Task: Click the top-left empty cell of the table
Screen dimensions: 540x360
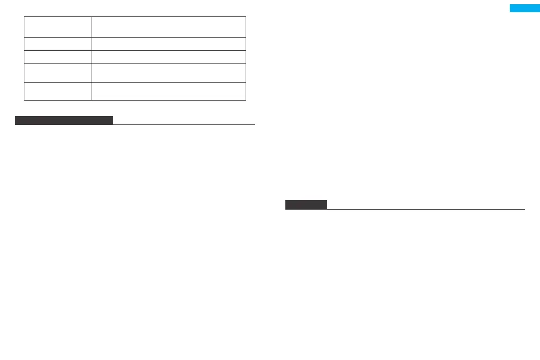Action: tap(58, 26)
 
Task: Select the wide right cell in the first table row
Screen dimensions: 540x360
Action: tap(169, 26)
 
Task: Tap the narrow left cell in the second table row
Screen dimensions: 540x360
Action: tap(58, 43)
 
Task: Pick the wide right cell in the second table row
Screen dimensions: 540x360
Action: tap(169, 43)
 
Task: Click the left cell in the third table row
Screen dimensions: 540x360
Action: tap(58, 57)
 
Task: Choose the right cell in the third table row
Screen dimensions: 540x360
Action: tap(169, 57)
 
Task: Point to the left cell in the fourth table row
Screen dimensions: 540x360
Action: tap(58, 73)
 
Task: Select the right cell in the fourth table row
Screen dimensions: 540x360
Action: tap(169, 73)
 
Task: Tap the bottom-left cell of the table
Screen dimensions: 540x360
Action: tap(58, 91)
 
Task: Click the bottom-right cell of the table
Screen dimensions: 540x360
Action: tap(169, 91)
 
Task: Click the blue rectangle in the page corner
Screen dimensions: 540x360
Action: tap(524, 8)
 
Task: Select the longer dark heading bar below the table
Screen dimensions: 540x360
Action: tap(64, 120)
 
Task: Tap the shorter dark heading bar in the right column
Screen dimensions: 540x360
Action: tap(306, 205)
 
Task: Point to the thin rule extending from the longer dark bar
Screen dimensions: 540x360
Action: tap(184, 124)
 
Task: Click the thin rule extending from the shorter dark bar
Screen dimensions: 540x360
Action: tap(426, 209)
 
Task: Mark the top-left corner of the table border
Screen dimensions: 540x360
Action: tap(24, 16)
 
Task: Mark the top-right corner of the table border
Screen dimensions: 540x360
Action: tap(246, 16)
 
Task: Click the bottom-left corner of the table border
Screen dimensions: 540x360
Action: tap(24, 100)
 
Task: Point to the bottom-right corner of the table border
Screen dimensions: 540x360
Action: tap(246, 100)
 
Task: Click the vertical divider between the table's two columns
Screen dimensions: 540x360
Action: tap(92, 58)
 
